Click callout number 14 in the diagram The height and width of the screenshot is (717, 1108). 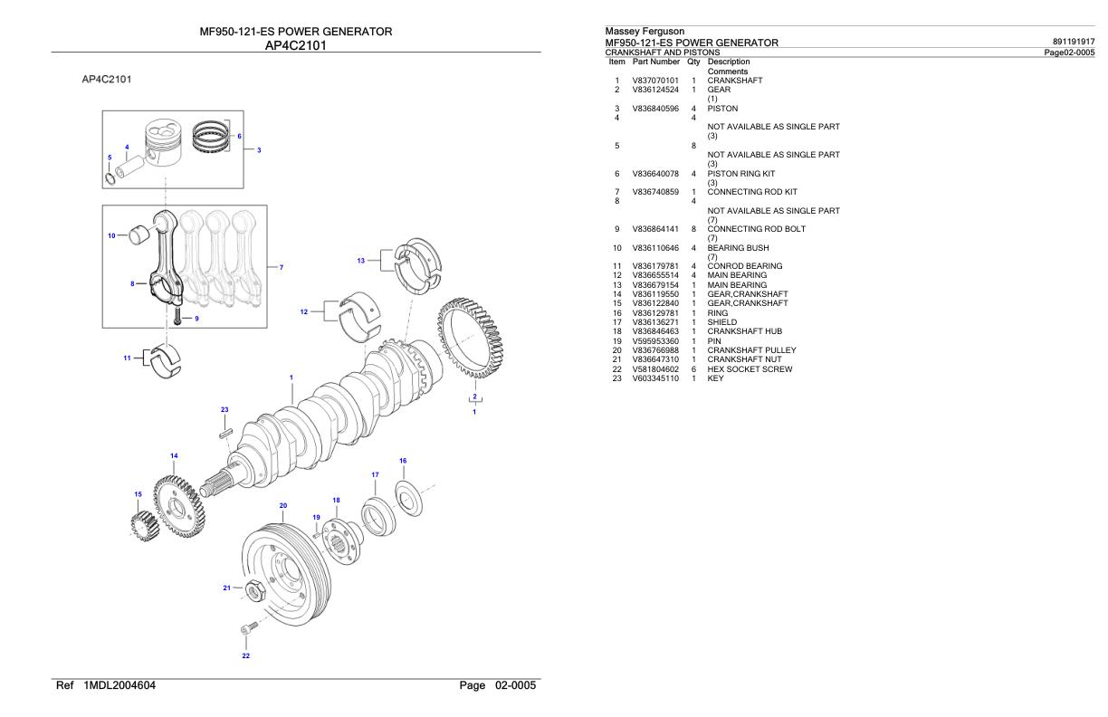[174, 455]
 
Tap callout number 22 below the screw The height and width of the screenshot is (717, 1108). [245, 655]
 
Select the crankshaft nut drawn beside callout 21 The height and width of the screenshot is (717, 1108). [255, 588]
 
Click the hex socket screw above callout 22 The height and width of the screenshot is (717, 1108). [247, 627]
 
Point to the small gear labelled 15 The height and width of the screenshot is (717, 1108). [141, 524]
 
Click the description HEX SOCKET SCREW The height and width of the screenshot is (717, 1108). [750, 368]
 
